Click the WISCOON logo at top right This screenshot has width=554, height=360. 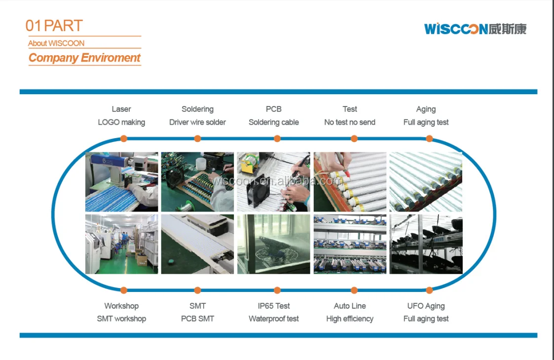click(x=475, y=29)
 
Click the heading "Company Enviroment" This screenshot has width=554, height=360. click(x=84, y=58)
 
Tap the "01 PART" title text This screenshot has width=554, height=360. click(x=54, y=26)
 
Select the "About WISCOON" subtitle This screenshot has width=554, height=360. click(x=56, y=43)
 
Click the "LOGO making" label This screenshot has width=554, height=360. click(x=121, y=122)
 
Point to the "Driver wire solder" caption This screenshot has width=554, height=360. click(x=197, y=122)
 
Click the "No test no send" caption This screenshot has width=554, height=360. click(x=350, y=122)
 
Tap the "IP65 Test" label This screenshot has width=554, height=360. click(x=274, y=306)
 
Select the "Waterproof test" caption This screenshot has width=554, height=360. click(x=274, y=319)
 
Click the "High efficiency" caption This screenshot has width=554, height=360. click(x=350, y=319)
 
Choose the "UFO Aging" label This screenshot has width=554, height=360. click(x=426, y=306)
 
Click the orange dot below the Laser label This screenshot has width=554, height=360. click(x=124, y=139)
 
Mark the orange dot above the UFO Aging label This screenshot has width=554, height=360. click(x=429, y=290)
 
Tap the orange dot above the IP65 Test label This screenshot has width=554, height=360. click(x=277, y=290)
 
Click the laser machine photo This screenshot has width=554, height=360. click(x=121, y=182)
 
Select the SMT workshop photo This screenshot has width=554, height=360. click(x=121, y=244)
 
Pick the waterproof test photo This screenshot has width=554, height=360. click(x=274, y=244)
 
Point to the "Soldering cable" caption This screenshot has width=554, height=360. click(x=274, y=122)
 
